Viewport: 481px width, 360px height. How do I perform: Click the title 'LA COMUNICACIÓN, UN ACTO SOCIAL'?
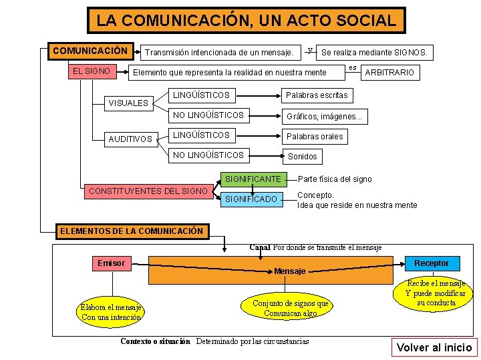[246, 20]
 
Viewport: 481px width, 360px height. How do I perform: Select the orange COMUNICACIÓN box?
[90, 51]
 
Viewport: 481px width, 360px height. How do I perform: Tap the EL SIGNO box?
[92, 70]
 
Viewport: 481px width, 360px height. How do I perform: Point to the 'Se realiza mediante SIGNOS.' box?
[375, 52]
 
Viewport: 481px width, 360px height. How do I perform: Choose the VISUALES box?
[128, 103]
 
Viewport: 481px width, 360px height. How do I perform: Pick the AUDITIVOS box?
[130, 139]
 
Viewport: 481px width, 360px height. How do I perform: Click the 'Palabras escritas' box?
[317, 95]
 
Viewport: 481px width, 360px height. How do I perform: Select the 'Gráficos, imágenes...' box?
[325, 116]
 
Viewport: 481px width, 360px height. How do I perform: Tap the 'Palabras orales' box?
[314, 137]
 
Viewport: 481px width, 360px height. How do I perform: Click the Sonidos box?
[303, 157]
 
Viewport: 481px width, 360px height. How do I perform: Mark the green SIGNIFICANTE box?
[253, 179]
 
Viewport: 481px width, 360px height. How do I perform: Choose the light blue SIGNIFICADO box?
[251, 199]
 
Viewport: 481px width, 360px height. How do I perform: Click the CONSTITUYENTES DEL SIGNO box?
[148, 191]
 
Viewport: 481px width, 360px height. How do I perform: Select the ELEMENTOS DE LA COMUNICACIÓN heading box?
[132, 231]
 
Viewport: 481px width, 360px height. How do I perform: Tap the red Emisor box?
[111, 263]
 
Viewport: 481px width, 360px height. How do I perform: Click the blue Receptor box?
[432, 263]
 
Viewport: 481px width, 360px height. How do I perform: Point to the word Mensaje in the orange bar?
[290, 271]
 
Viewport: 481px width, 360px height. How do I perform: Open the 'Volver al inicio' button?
[434, 347]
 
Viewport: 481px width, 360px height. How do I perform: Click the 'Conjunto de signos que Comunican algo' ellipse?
[290, 308]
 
